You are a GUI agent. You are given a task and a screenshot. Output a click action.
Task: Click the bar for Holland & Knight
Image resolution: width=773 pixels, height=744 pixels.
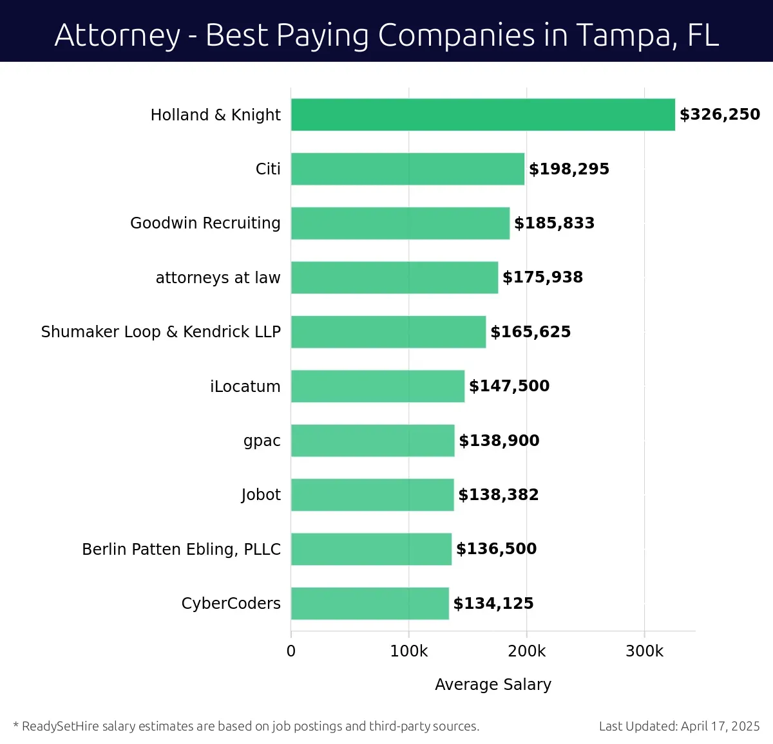(x=483, y=115)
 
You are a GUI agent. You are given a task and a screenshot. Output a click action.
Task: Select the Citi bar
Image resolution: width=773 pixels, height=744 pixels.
(x=408, y=169)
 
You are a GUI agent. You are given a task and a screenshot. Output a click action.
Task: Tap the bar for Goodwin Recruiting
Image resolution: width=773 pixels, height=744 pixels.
(x=400, y=223)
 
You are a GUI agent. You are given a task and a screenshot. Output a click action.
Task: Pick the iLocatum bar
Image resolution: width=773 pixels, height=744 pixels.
(x=377, y=386)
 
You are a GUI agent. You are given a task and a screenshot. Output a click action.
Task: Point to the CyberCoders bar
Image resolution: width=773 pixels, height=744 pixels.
(x=370, y=604)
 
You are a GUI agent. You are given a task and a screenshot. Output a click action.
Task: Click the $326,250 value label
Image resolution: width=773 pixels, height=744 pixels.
(x=720, y=115)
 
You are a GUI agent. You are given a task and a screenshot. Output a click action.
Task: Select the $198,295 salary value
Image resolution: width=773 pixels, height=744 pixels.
(x=569, y=169)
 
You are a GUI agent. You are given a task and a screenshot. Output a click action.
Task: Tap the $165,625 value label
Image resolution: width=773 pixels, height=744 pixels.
(x=530, y=332)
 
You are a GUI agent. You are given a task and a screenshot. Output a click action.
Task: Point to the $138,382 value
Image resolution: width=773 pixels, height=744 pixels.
(x=498, y=495)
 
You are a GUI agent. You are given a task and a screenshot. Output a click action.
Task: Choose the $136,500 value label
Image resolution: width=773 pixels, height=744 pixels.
(x=496, y=549)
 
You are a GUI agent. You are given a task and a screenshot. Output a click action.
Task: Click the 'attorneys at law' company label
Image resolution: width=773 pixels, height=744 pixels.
(x=218, y=277)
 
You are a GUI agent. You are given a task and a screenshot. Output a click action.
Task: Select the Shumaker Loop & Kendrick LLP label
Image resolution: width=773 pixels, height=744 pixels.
(x=160, y=332)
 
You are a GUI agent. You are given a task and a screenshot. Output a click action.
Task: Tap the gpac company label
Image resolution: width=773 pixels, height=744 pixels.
(x=262, y=441)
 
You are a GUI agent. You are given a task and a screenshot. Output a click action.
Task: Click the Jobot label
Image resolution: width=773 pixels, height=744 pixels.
(x=261, y=495)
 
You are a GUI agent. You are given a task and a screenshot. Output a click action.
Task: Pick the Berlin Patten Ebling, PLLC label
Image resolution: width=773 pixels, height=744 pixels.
(x=181, y=549)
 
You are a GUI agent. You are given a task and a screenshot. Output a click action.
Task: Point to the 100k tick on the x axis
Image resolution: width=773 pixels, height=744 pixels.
(x=408, y=651)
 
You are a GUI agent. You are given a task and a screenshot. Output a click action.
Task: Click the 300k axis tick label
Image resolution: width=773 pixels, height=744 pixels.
(x=644, y=651)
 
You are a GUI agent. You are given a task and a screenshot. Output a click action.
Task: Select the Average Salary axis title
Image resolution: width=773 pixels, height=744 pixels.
(x=493, y=684)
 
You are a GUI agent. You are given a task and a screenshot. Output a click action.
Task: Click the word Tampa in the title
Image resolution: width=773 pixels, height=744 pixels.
(x=623, y=35)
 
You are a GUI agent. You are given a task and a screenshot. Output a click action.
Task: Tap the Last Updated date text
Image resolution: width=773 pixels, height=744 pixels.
(x=679, y=726)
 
